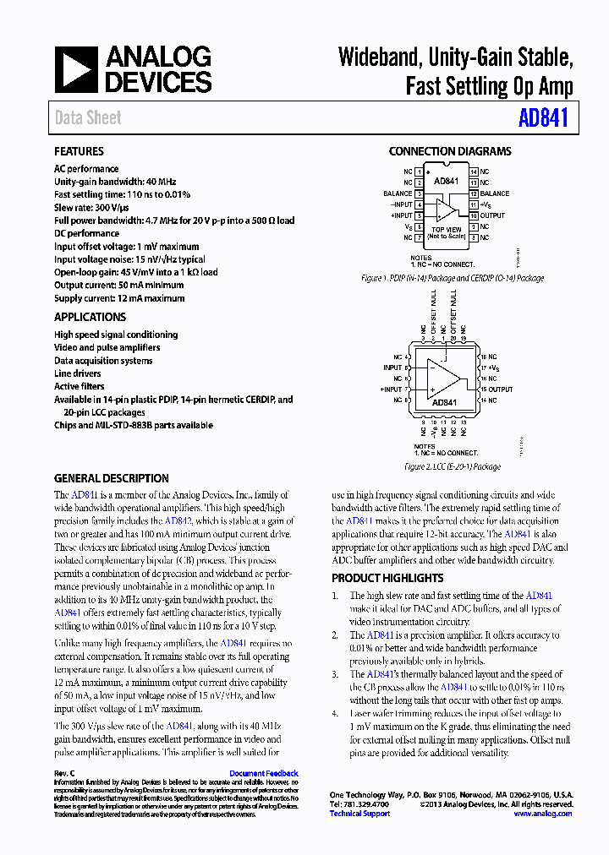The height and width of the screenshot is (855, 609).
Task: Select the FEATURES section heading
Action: pos(79,151)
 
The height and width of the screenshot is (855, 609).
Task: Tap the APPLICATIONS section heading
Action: pos(90,317)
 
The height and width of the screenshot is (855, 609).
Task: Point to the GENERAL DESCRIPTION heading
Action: pos(112,478)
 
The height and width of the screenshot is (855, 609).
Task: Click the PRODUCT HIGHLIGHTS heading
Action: pos(387,578)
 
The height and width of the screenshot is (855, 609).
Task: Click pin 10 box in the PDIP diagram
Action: pos(474,215)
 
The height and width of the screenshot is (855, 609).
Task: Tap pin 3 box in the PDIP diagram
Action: pos(419,193)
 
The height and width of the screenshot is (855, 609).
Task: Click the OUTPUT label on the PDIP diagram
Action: pos(492,215)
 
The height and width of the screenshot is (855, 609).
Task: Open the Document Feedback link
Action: pos(263,773)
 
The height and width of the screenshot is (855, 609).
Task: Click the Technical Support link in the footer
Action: pos(359,814)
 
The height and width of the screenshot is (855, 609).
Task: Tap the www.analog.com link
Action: pos(542,814)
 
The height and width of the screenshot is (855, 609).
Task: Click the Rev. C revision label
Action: pos(65,773)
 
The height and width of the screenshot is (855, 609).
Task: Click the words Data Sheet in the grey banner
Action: pos(88,118)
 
